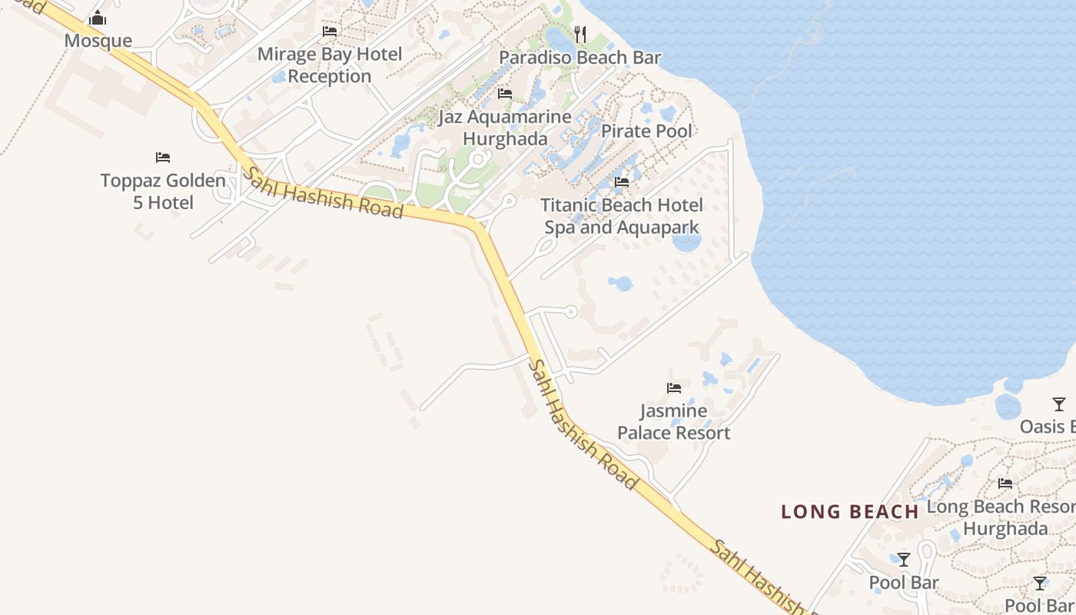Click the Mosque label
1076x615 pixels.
(x=98, y=41)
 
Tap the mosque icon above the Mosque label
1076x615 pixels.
(x=98, y=18)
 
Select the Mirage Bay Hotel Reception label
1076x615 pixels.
(x=330, y=65)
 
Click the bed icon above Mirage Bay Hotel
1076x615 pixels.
(x=330, y=32)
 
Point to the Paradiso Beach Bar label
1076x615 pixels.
(x=580, y=58)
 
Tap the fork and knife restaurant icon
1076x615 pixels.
(x=580, y=35)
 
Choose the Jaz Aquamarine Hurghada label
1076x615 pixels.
(x=505, y=128)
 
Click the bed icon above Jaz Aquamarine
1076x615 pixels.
(x=505, y=94)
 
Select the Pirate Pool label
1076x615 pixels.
(x=646, y=131)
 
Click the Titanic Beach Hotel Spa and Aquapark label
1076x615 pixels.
(x=622, y=216)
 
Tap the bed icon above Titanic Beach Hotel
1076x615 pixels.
(x=622, y=182)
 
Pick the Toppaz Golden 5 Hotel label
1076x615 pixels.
(x=163, y=191)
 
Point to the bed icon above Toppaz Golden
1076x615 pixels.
(x=163, y=158)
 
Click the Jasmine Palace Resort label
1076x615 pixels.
(x=674, y=421)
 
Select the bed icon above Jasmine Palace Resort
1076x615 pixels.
(x=674, y=388)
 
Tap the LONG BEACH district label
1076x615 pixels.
(x=850, y=512)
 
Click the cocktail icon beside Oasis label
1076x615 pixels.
(x=1059, y=404)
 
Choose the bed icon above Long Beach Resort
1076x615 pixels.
(x=1005, y=484)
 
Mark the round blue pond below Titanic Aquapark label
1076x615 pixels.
(x=686, y=242)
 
